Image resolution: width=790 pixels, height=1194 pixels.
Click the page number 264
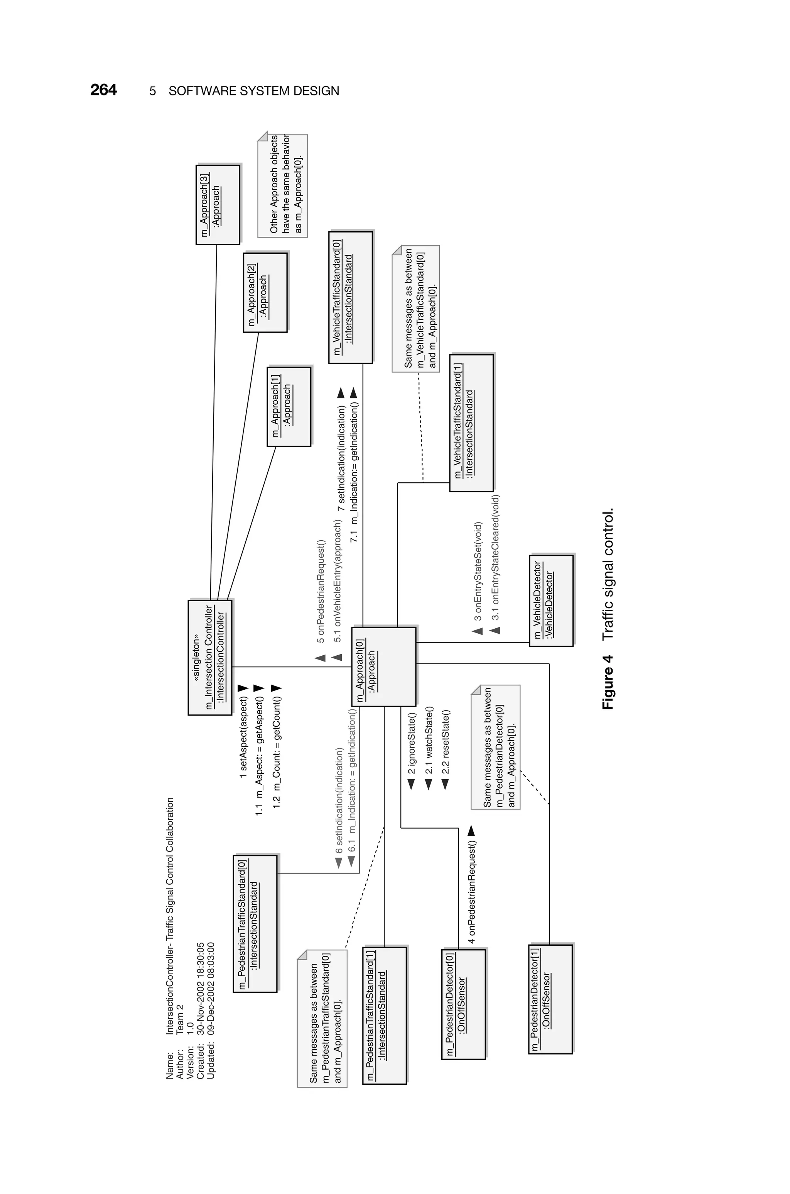point(103,90)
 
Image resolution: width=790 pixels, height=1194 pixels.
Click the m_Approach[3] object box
point(218,205)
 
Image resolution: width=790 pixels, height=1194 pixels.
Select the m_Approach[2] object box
point(265,292)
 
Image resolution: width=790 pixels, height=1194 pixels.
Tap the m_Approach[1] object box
point(289,406)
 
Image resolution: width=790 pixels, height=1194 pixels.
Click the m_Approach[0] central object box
point(383,667)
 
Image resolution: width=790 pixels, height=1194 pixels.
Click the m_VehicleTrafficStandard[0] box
point(350,297)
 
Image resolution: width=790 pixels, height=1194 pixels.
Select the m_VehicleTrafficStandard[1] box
point(471,422)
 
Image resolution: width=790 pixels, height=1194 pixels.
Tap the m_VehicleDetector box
point(551,600)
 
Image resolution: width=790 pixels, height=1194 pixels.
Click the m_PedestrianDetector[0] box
point(464,1004)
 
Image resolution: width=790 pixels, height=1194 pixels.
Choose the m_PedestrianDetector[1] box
point(551,999)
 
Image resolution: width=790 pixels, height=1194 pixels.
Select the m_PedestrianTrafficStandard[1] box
point(384,1016)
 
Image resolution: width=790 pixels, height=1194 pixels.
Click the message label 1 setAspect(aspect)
point(243,737)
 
